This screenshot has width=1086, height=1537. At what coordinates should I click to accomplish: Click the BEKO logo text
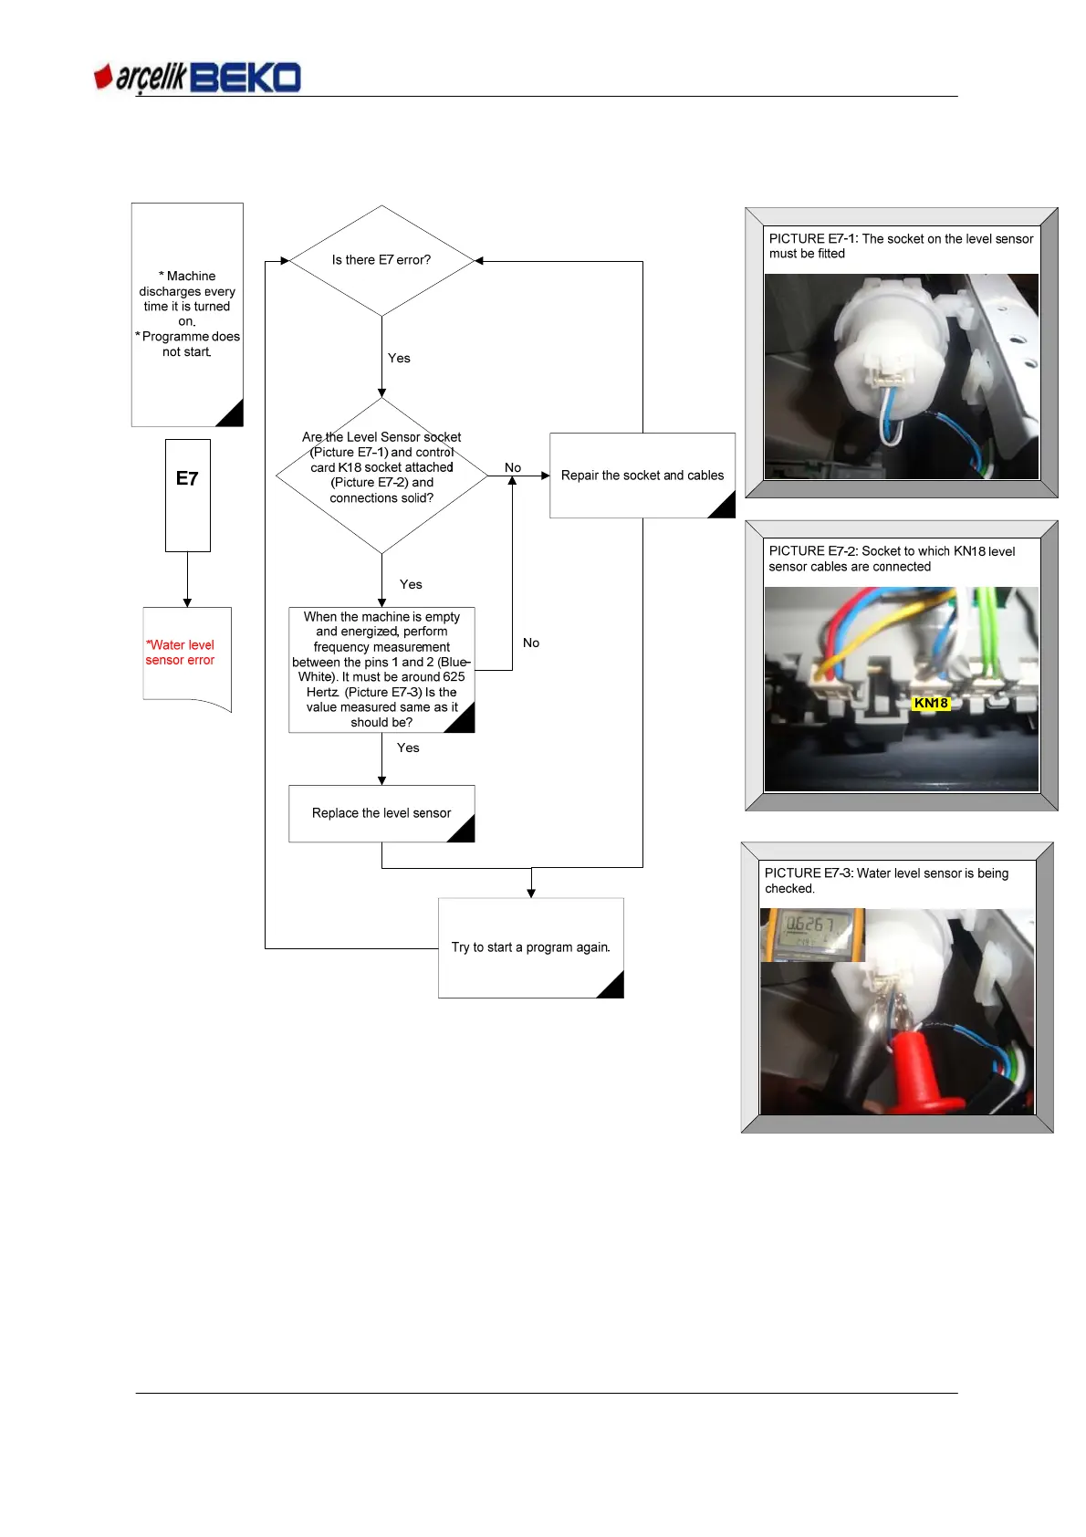(245, 78)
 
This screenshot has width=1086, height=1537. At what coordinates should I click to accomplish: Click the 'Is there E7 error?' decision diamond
(381, 260)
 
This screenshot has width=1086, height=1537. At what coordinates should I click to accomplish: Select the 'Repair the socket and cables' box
(642, 476)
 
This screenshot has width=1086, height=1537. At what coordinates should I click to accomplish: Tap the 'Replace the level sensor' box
(381, 813)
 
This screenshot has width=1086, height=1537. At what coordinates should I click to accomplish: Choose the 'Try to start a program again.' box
(530, 947)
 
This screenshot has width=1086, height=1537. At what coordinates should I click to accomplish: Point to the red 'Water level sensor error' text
(181, 653)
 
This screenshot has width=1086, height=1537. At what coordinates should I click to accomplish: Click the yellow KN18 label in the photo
(931, 704)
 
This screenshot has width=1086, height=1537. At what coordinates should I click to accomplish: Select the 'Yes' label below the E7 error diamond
(399, 359)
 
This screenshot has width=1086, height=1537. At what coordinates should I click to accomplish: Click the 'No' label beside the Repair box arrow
(513, 467)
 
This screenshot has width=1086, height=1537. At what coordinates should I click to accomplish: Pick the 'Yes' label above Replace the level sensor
(408, 748)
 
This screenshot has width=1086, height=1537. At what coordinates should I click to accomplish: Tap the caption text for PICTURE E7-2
(892, 559)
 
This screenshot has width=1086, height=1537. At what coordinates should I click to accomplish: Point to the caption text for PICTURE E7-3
(886, 881)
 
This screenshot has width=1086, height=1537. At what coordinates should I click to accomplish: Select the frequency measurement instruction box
(381, 670)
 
